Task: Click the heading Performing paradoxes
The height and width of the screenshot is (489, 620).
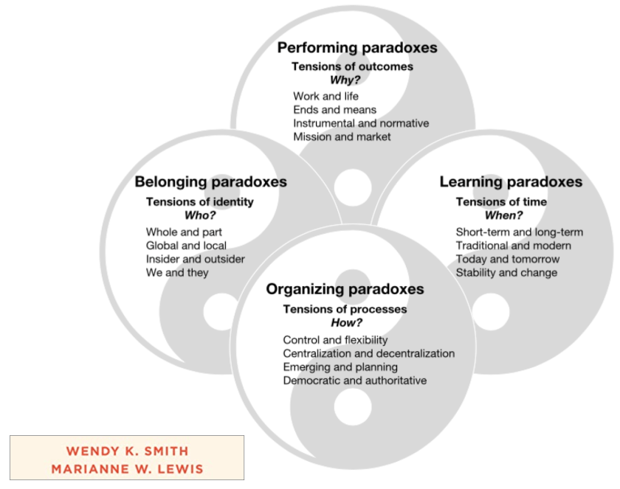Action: click(357, 48)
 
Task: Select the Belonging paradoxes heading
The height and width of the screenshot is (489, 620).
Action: click(210, 182)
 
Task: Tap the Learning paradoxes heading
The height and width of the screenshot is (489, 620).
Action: click(511, 182)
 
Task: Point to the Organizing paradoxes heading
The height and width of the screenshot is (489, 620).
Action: click(345, 289)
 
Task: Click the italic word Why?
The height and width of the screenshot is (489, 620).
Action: click(345, 80)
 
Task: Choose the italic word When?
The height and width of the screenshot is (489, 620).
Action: click(503, 215)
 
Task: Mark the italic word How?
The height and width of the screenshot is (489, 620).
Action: click(344, 323)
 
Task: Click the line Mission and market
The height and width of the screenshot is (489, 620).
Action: click(342, 136)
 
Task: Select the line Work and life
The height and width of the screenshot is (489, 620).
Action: click(326, 96)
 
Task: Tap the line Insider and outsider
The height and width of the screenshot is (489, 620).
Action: click(195, 259)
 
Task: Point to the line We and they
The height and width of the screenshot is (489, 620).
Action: click(177, 273)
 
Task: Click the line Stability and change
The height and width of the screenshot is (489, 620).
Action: click(506, 273)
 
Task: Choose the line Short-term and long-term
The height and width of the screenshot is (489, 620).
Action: click(519, 232)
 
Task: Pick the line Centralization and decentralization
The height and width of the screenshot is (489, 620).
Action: click(368, 353)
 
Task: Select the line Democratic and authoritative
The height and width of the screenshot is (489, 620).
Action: click(354, 381)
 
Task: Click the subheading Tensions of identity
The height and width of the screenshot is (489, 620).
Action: click(199, 201)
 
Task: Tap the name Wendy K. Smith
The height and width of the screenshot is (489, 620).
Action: click(127, 451)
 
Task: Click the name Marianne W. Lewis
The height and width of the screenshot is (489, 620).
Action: click(127, 468)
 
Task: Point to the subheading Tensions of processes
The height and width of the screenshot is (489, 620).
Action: click(345, 309)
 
